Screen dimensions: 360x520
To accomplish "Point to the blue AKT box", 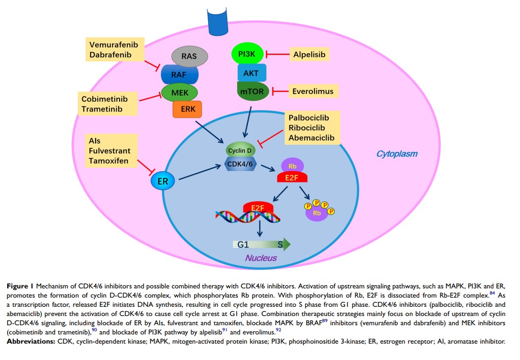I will [x=251, y=73].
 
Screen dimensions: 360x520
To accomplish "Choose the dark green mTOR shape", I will [x=251, y=91].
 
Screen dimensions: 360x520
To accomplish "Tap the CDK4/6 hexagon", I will [x=241, y=164].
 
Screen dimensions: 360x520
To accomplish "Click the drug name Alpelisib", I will [x=309, y=54].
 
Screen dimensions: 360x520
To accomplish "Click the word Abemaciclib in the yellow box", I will [x=311, y=138].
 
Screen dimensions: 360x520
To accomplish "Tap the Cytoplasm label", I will [x=397, y=153].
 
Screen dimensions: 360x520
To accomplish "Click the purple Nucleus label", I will [x=261, y=258].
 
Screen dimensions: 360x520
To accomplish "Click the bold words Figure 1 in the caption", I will [x=20, y=286].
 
